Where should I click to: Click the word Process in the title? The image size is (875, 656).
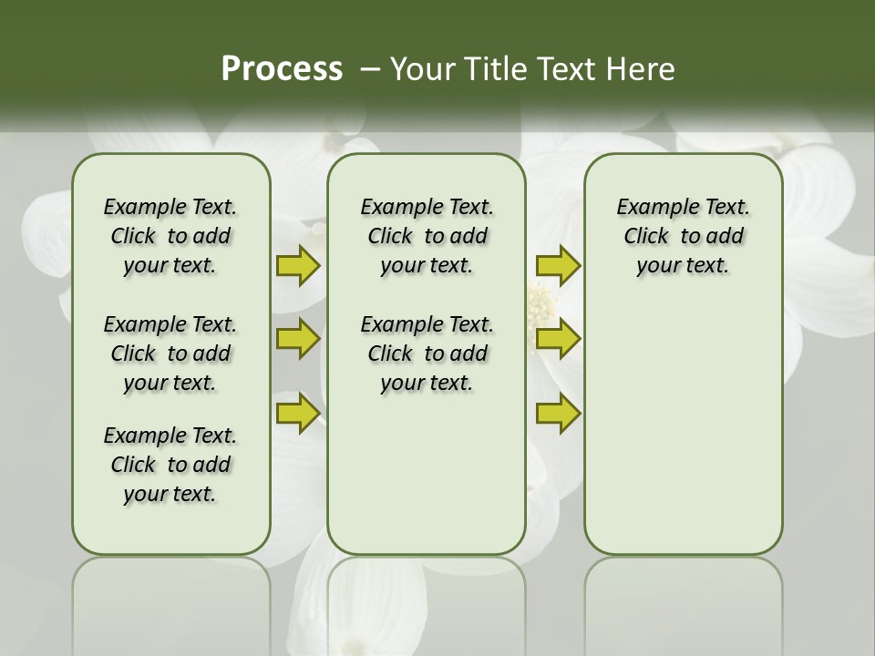[x=282, y=69]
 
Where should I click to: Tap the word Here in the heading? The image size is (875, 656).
[x=641, y=69]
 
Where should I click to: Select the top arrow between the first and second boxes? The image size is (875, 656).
[x=298, y=265]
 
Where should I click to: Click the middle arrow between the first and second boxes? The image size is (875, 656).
[x=298, y=339]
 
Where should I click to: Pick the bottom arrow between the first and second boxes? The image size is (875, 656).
[x=298, y=413]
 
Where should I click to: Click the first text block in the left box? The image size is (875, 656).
[x=170, y=236]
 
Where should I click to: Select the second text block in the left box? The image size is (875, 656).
[x=170, y=354]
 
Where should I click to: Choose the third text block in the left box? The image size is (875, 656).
[x=170, y=465]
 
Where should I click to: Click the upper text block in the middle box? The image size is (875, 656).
[x=427, y=236]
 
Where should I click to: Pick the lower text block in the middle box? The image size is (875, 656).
[x=427, y=354]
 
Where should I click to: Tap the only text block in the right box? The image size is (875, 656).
[x=683, y=236]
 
